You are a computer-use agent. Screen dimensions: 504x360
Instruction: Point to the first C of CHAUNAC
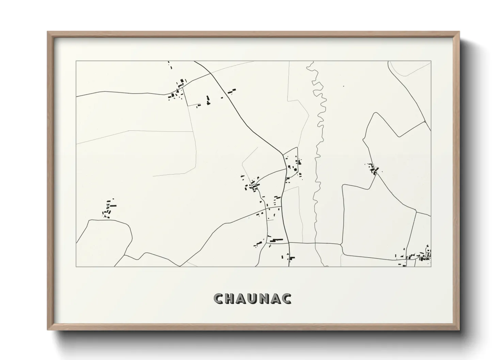(219, 298)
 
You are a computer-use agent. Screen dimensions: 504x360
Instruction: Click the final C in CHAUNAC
(287, 298)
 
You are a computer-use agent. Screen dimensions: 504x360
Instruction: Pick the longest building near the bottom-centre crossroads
(277, 240)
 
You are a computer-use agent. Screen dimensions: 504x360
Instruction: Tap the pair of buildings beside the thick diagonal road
(232, 91)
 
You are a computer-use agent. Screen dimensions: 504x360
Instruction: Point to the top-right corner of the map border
(431, 61)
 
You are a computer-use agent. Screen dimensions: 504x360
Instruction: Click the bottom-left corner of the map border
(76, 266)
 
